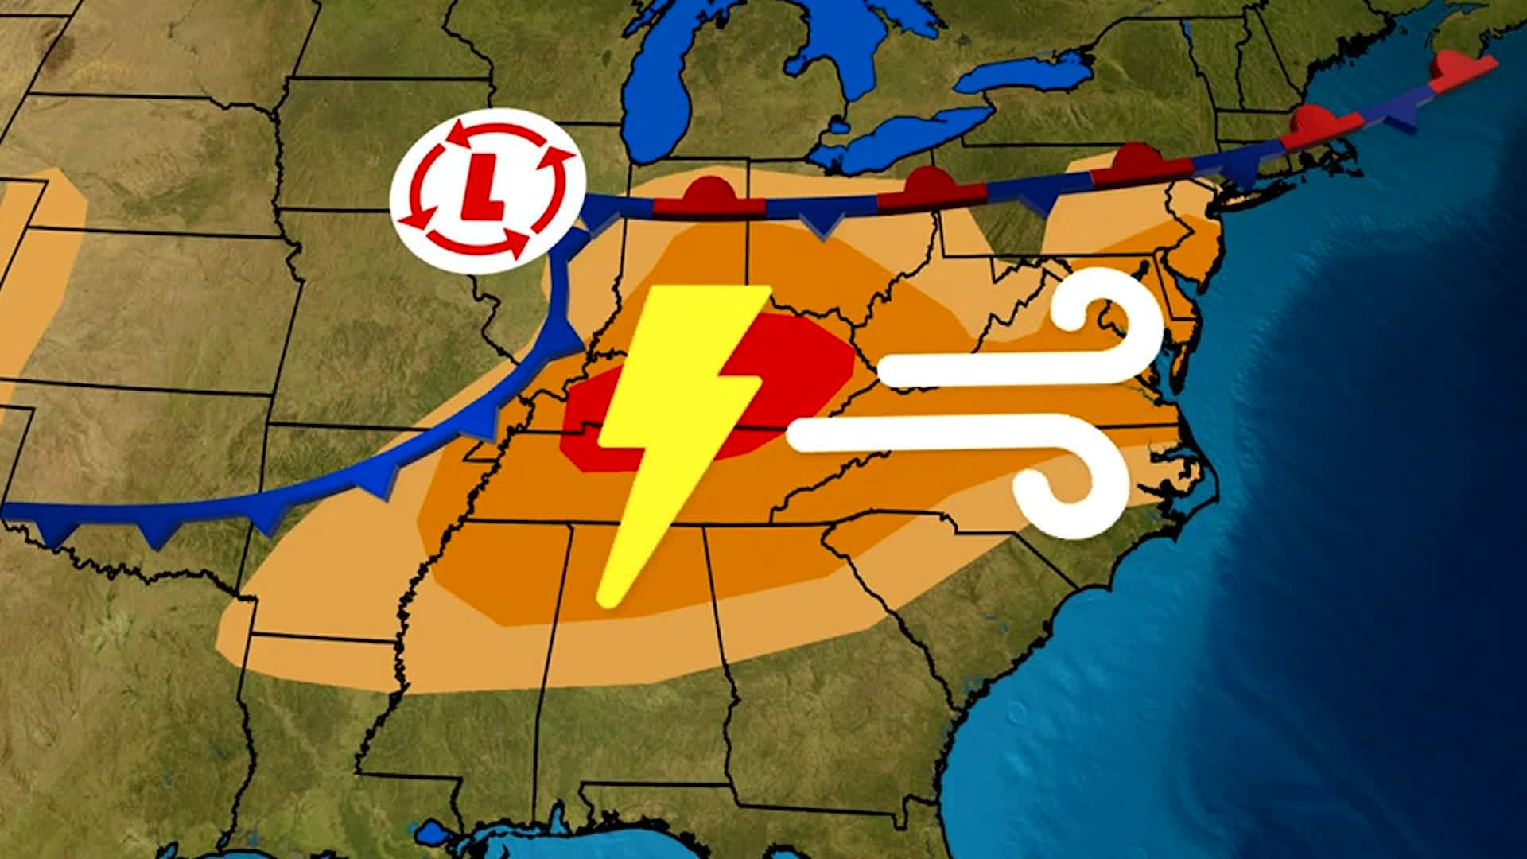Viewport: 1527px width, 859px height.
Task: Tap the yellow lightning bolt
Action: (x=676, y=414)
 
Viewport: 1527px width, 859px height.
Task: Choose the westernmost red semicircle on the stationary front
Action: (x=708, y=191)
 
